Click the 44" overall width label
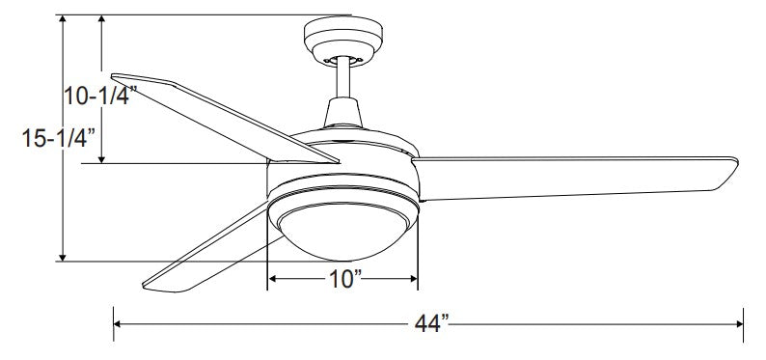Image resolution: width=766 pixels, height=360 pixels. coord(431,323)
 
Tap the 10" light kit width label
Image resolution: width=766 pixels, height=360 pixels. coord(345,279)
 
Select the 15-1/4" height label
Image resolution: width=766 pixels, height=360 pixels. coord(58,138)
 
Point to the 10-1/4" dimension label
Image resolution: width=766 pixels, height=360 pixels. coord(100,96)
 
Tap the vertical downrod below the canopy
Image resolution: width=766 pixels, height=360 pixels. coord(343,77)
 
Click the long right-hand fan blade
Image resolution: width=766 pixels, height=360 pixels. coord(575,179)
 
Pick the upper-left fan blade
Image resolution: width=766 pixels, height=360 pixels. coord(225,118)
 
